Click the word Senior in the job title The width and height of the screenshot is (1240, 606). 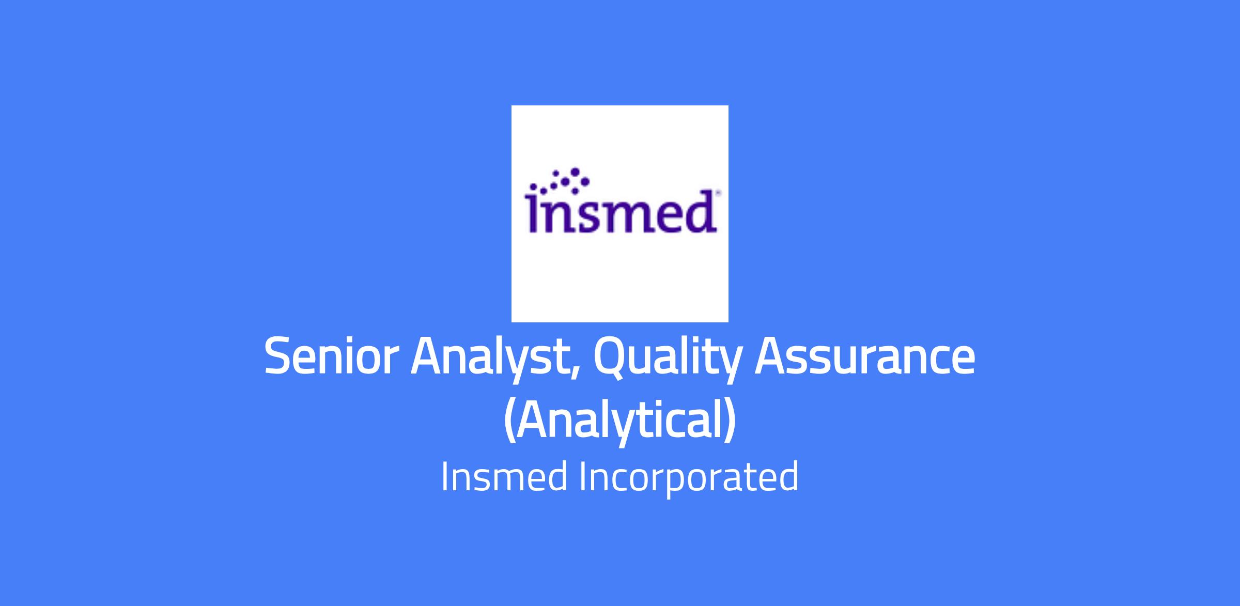332,356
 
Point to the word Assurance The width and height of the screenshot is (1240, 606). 865,356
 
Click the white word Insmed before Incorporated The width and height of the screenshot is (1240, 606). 504,476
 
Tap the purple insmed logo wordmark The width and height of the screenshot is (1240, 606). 621,212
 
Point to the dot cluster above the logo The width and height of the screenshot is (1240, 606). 557,181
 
